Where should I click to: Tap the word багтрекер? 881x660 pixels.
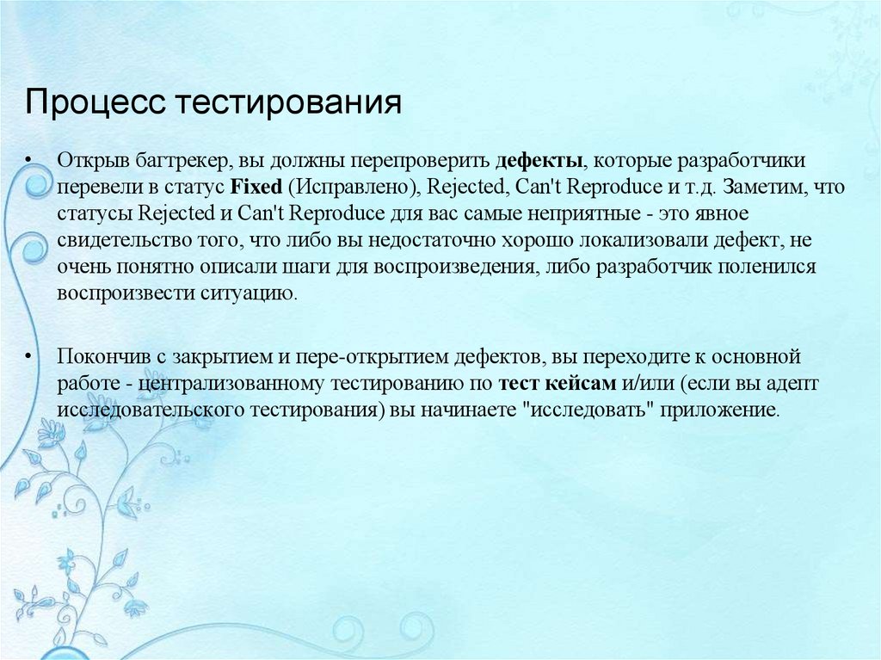pos(172,161)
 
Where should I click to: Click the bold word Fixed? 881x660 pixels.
pos(250,187)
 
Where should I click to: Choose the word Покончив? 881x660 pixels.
pos(99,355)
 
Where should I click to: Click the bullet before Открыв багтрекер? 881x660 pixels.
pos(28,161)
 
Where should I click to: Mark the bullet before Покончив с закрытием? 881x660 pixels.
pos(28,355)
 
